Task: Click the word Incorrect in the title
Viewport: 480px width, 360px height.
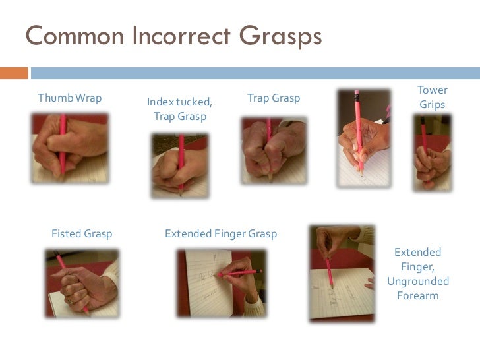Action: click(x=181, y=36)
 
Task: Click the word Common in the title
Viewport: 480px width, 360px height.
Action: click(x=75, y=36)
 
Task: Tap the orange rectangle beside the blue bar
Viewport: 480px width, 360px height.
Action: click(x=14, y=73)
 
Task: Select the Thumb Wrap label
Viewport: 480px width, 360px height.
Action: click(x=69, y=98)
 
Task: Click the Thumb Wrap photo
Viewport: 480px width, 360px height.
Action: click(x=70, y=148)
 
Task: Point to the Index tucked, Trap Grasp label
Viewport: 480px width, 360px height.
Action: click(x=180, y=109)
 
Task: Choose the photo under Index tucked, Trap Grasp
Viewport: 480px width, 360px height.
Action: click(x=180, y=165)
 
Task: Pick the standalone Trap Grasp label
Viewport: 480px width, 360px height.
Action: click(x=274, y=98)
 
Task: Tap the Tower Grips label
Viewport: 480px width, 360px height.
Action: click(x=433, y=97)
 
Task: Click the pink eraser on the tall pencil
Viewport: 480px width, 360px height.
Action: click(x=356, y=92)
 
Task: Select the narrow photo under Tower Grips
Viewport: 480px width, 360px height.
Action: click(x=433, y=153)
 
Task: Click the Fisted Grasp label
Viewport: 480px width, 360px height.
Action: click(x=82, y=234)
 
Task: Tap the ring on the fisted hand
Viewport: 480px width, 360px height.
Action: click(x=70, y=301)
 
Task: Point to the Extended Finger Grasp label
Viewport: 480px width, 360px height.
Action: click(x=221, y=234)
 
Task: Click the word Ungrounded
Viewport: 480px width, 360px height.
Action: click(x=418, y=281)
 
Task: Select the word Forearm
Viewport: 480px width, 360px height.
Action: click(x=418, y=295)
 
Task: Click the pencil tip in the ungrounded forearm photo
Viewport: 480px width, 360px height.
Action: click(x=332, y=287)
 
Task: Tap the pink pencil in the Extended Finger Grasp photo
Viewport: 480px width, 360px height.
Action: click(x=240, y=273)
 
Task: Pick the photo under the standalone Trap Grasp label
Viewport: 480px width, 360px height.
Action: click(x=274, y=150)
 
